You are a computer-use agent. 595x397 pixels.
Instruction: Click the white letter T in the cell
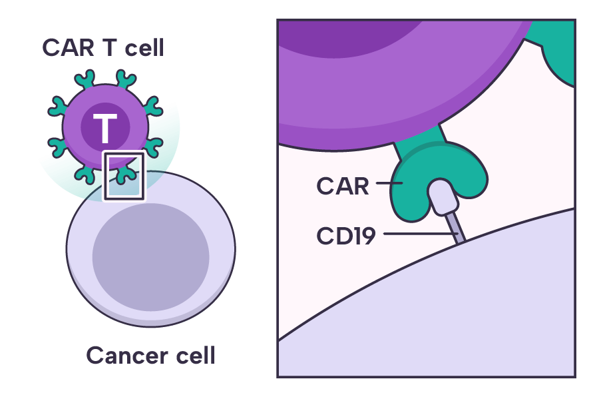pos(104,129)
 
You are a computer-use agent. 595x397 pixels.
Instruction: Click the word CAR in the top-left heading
pos(65,48)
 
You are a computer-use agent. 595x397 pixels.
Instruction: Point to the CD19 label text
pos(346,235)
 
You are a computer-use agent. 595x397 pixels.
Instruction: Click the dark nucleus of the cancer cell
pos(150,257)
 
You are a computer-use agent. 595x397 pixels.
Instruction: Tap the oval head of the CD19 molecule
pos(441,197)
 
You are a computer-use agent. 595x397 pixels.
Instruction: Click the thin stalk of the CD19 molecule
pos(456,226)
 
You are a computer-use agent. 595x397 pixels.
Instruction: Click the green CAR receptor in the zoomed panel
pos(413,193)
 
